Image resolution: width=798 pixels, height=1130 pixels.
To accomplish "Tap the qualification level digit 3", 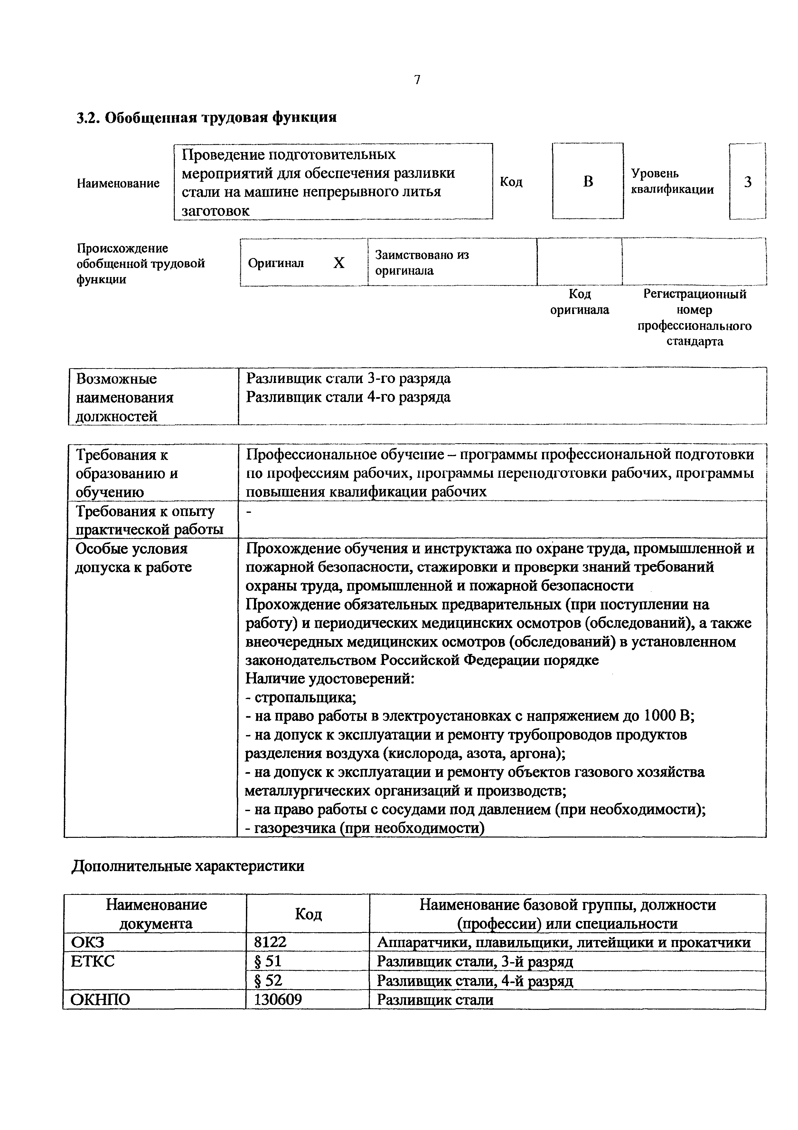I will click(747, 182).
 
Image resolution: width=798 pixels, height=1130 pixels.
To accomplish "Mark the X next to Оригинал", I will click(339, 263).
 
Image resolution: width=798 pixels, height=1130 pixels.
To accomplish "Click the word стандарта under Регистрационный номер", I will click(694, 341).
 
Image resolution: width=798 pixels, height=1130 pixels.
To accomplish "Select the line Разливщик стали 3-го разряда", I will click(348, 378).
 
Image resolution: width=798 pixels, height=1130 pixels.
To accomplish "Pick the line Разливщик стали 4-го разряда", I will click(348, 397).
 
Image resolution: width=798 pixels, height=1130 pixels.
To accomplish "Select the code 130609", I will click(278, 1000).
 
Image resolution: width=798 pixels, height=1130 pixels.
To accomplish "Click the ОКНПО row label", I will click(101, 1000).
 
